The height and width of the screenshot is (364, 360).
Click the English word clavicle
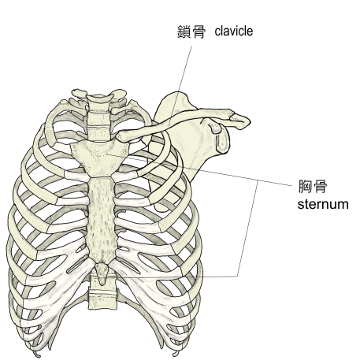click(x=234, y=31)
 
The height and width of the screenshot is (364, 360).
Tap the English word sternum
click(x=323, y=204)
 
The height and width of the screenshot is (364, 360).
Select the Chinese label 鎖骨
click(x=191, y=32)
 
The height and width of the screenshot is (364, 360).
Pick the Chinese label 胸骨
click(x=313, y=186)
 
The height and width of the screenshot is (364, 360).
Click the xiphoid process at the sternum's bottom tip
click(x=102, y=274)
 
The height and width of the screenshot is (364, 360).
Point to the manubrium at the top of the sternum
click(x=100, y=158)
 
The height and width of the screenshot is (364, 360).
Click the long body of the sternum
click(x=102, y=219)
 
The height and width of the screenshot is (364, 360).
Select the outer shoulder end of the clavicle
click(x=240, y=121)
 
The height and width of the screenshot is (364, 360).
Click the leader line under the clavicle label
click(x=180, y=85)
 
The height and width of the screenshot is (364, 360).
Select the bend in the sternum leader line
click(x=258, y=180)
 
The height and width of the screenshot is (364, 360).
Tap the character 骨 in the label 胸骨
click(x=321, y=186)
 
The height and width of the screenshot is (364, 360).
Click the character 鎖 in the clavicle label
click(x=184, y=32)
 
